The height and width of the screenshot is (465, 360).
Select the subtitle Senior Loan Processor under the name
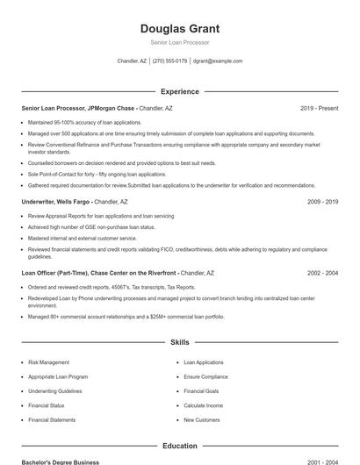coord(179,42)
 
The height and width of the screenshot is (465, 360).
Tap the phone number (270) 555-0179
coord(170,61)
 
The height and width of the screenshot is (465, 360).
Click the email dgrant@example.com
coord(218,61)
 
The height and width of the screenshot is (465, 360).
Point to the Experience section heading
coord(179,91)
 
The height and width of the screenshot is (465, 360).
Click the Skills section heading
coord(179,342)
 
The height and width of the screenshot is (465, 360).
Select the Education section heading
coord(179,446)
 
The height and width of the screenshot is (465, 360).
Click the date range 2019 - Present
coord(319,108)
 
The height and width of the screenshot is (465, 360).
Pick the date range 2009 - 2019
coord(322,202)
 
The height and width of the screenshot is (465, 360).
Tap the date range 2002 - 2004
coord(322,273)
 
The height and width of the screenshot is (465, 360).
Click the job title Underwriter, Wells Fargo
coord(57,202)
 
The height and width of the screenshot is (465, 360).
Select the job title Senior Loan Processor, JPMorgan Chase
coord(78,108)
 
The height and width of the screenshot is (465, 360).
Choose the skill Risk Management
coord(48,361)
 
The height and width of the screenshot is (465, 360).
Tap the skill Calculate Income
coord(203,405)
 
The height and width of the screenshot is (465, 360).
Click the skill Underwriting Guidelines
coord(54,390)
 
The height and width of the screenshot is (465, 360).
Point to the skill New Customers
coord(201,420)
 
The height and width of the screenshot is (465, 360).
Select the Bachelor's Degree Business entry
coord(61,461)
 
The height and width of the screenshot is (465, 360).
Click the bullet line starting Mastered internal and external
coord(83,238)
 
